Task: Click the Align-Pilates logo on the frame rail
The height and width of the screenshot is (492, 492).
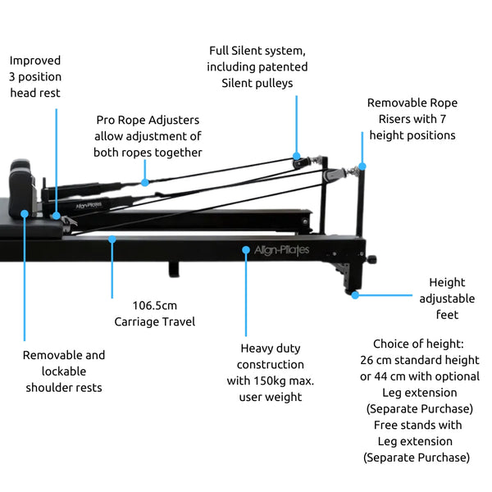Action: coord(282,250)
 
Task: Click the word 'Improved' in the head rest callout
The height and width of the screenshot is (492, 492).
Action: coord(34,61)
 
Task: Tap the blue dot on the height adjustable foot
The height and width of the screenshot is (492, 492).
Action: coord(355,294)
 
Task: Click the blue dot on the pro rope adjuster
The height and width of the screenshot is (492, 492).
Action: coord(144,182)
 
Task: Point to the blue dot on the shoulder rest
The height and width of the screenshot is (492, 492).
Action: coord(25,213)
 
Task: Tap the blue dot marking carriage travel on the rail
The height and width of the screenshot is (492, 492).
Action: coord(112,239)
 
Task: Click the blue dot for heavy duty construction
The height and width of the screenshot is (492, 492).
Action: coord(245,248)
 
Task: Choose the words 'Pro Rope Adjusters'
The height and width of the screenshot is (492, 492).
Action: coord(148,120)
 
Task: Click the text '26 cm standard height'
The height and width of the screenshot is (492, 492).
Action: coord(420,360)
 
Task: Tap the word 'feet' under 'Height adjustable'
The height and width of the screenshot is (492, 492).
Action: coord(447,315)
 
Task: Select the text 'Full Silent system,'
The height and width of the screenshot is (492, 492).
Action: coord(257,51)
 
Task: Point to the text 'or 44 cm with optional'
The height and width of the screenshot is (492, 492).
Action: coord(420,376)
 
